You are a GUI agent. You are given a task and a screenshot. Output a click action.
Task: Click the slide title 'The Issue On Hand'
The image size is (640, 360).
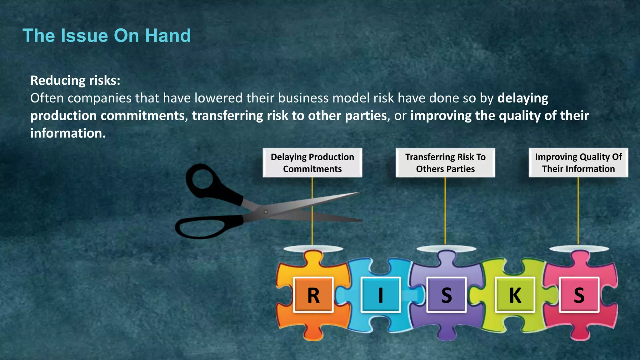(107, 36)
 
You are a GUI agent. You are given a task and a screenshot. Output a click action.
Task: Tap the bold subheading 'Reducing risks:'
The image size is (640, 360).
(75, 81)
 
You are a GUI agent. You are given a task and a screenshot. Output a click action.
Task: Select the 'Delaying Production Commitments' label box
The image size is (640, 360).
(312, 163)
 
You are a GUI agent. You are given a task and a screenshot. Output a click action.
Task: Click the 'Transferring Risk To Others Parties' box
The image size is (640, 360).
(445, 163)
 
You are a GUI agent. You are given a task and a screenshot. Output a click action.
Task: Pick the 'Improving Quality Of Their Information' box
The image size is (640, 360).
(578, 163)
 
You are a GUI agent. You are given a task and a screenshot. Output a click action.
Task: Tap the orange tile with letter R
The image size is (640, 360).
(313, 295)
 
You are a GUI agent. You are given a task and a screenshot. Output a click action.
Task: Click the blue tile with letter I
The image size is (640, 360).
(381, 295)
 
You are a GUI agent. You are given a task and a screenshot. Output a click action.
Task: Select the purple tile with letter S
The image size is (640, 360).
(446, 295)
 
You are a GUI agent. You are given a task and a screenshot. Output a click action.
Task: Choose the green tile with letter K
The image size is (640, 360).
(515, 295)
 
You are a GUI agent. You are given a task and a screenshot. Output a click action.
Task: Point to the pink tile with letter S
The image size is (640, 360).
(579, 295)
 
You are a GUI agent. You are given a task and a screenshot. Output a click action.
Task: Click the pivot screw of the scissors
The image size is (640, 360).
(266, 212)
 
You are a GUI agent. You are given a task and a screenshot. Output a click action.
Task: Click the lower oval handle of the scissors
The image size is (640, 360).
(200, 228)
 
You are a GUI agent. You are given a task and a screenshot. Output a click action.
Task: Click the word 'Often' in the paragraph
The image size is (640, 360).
(47, 98)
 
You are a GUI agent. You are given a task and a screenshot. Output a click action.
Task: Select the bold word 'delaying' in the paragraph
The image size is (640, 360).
(522, 98)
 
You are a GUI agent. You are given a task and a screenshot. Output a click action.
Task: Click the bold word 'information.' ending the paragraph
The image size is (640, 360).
(68, 133)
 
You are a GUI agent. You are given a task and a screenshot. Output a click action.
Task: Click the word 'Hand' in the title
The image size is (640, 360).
(168, 36)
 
